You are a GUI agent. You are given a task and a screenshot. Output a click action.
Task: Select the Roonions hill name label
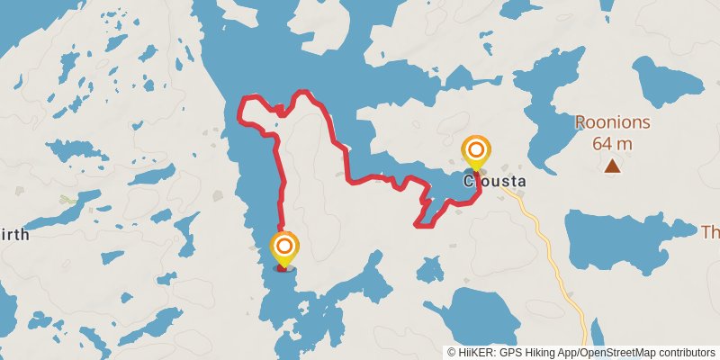point(612,123)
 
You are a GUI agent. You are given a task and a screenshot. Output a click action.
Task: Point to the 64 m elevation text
point(612,143)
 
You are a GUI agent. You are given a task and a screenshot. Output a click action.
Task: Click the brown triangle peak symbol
point(612,166)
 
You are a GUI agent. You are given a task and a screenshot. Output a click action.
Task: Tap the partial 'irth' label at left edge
point(14,235)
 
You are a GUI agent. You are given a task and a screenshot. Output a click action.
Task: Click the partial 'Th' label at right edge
point(710,232)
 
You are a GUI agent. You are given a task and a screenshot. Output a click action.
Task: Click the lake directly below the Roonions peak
point(621,239)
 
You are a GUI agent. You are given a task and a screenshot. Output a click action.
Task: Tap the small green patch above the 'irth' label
point(66,199)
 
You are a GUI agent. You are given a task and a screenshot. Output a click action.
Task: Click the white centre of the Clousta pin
point(475,149)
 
